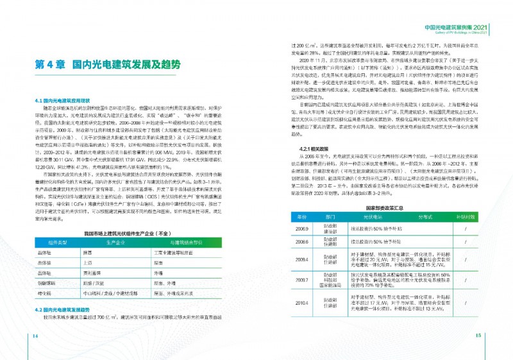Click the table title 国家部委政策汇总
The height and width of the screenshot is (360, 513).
(x=383, y=208)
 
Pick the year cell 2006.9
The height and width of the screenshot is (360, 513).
(x=301, y=228)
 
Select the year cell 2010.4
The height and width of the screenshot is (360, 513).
(x=301, y=302)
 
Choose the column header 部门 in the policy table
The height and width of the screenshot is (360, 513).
(x=330, y=218)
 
